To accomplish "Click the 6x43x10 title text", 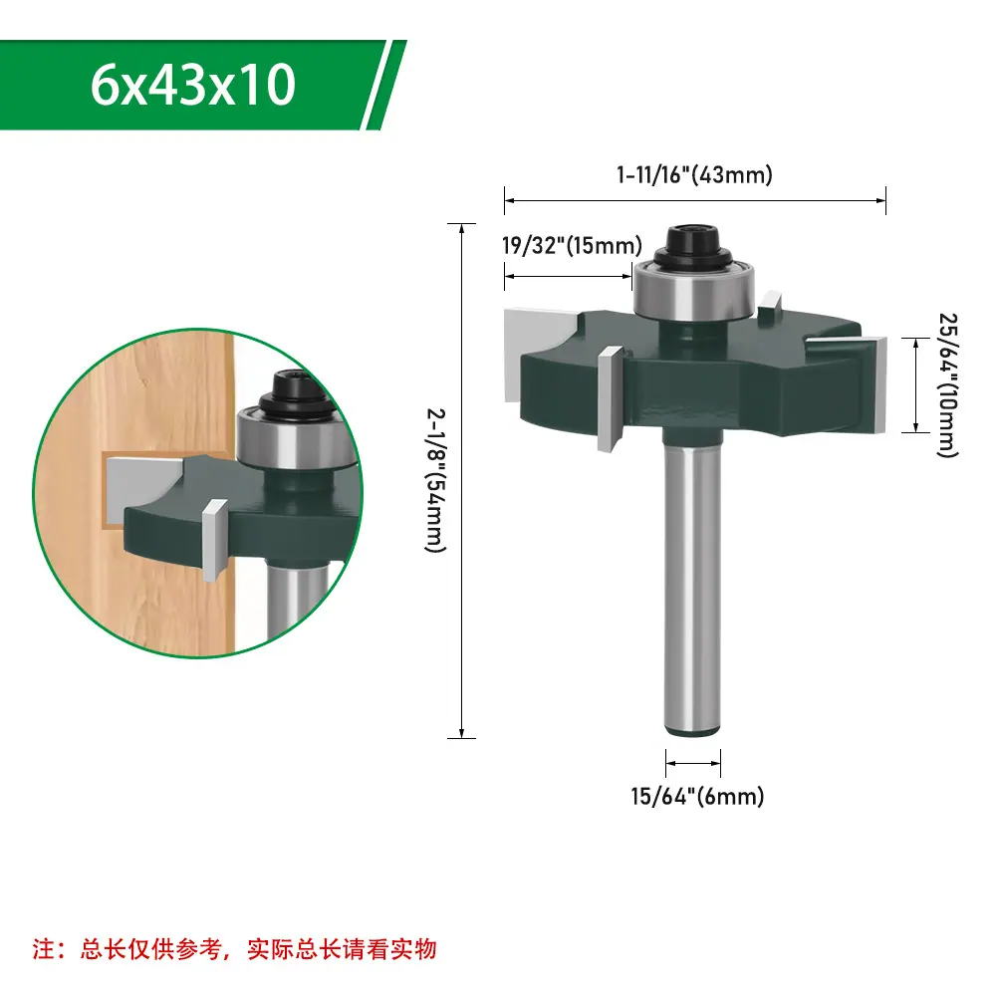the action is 192,85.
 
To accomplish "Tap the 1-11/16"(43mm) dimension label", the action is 695,174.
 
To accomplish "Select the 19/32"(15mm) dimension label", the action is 572,245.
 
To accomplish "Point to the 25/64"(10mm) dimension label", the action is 948,384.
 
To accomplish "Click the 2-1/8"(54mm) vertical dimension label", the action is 435,480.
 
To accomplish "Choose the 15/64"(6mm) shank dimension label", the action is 697,797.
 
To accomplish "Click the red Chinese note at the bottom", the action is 234,949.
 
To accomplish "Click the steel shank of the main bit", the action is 692,583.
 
